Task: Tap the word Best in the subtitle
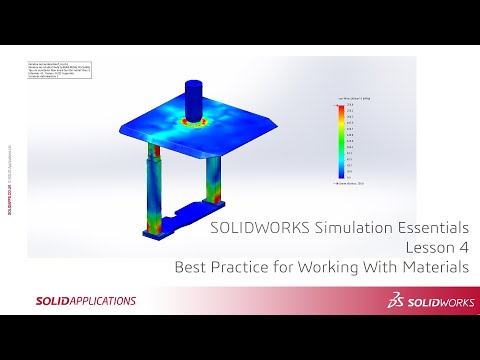click(x=191, y=268)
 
